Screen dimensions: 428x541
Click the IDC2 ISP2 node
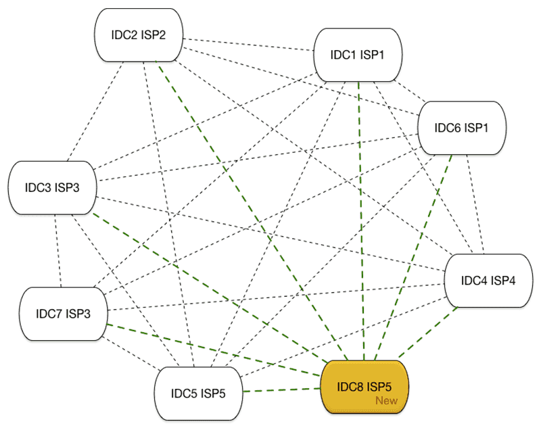point(139,35)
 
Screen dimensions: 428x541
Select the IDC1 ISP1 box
point(358,55)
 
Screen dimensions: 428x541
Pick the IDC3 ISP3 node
point(52,187)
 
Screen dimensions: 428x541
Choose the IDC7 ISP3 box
point(64,314)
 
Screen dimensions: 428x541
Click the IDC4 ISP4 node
point(484,281)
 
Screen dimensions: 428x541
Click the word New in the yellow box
point(387,401)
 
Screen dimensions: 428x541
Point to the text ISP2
point(154,35)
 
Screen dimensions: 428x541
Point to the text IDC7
point(49,314)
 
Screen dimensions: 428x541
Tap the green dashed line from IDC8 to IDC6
point(417,257)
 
